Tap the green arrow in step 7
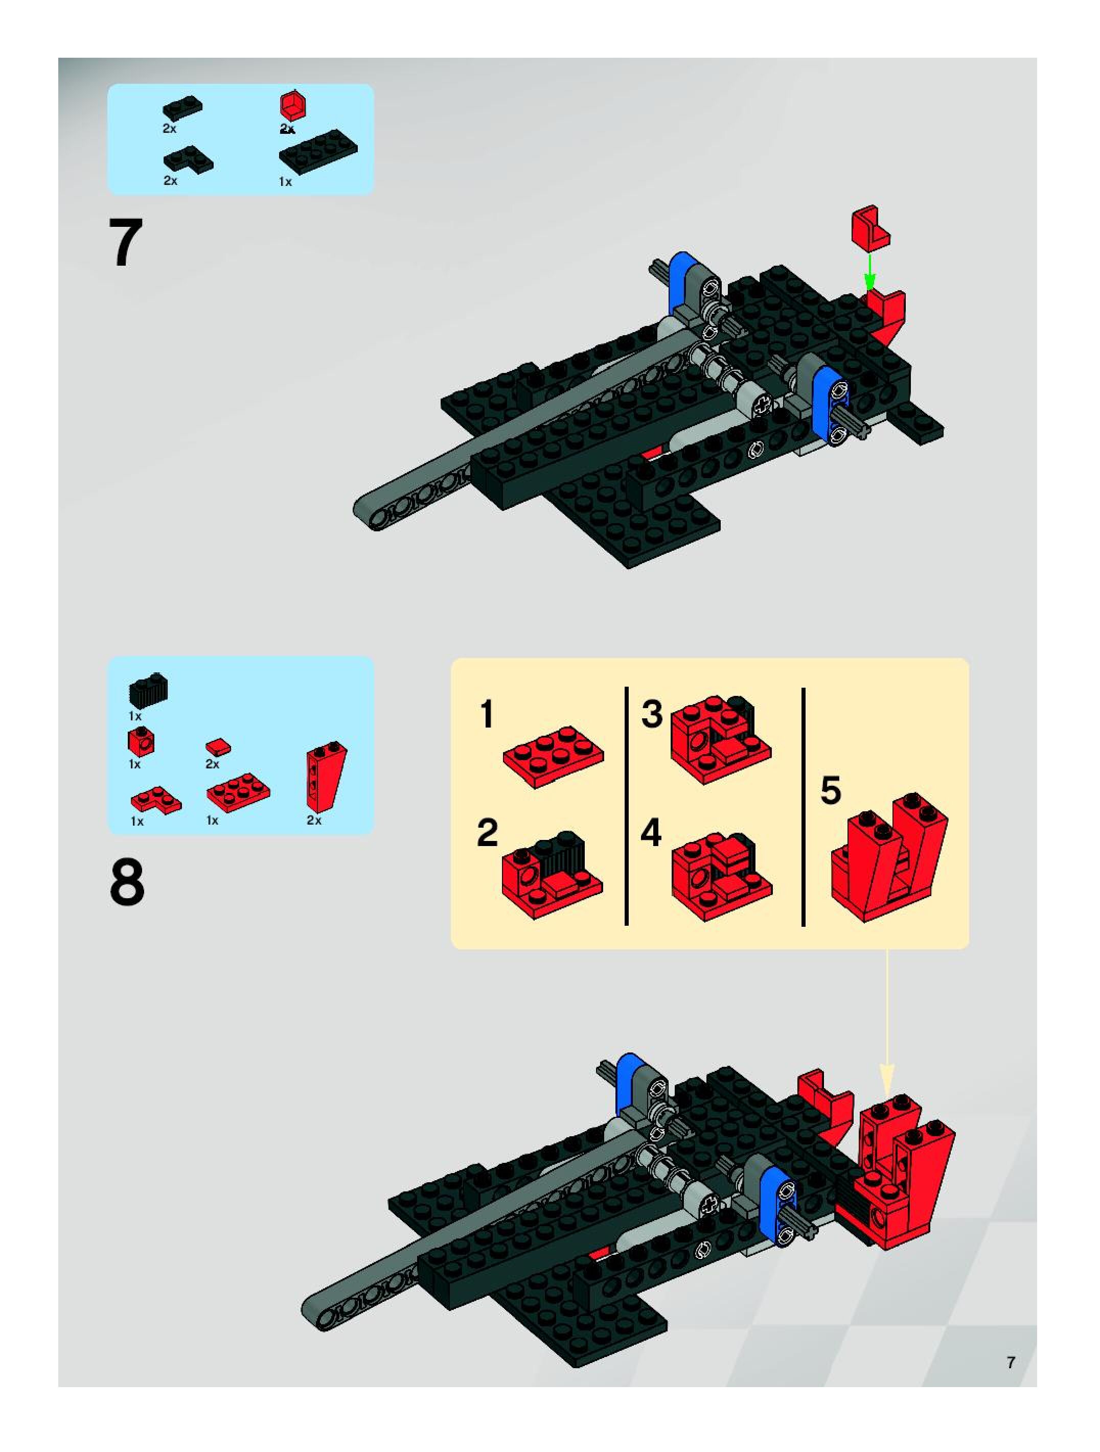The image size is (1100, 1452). click(869, 272)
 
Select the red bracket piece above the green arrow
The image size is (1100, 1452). click(871, 228)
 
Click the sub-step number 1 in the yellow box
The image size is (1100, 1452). click(487, 714)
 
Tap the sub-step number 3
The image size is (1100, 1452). click(651, 714)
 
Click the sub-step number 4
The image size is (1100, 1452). click(651, 833)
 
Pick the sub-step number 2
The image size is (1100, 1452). click(487, 833)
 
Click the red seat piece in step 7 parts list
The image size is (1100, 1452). click(294, 106)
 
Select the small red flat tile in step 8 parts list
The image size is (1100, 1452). click(218, 747)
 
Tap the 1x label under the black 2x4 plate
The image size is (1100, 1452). click(285, 182)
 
